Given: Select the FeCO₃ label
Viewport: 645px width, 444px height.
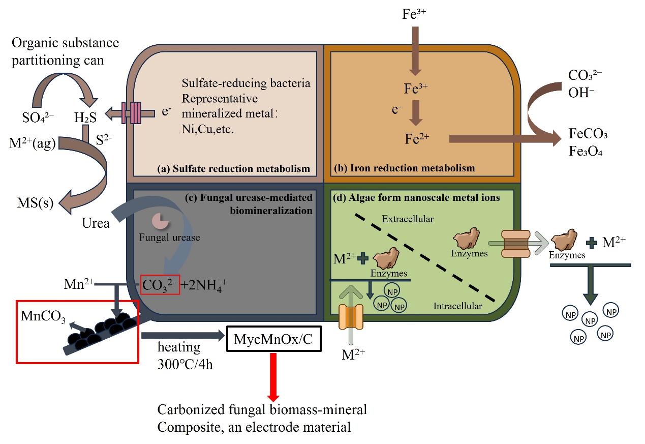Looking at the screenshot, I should (589, 134).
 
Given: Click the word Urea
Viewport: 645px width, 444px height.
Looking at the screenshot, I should (96, 223).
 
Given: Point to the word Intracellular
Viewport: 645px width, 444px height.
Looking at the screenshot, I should (457, 306).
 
